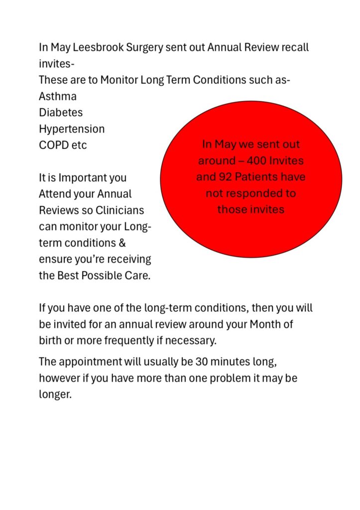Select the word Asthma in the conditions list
coord(58,96)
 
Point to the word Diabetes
coord(61,113)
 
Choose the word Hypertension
coord(72,129)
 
